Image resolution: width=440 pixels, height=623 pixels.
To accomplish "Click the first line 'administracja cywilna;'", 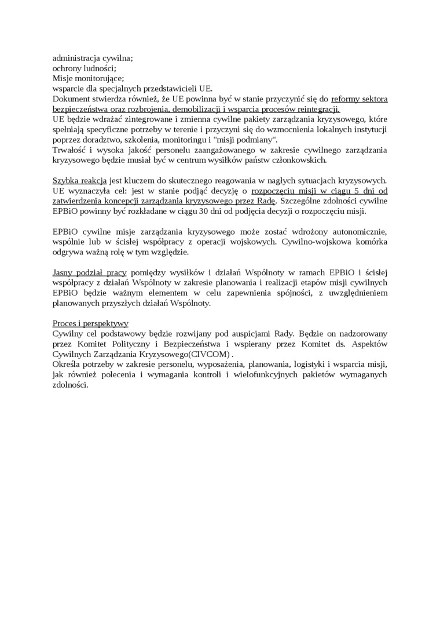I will click(x=93, y=58).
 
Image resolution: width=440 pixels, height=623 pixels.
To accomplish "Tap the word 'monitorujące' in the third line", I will click(x=100, y=78).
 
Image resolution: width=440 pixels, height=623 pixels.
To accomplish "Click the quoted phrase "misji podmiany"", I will click(x=250, y=140).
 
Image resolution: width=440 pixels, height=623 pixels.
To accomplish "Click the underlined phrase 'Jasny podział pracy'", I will click(x=90, y=273).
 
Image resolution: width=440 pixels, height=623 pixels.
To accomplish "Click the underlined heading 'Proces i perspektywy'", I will click(x=90, y=323).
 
